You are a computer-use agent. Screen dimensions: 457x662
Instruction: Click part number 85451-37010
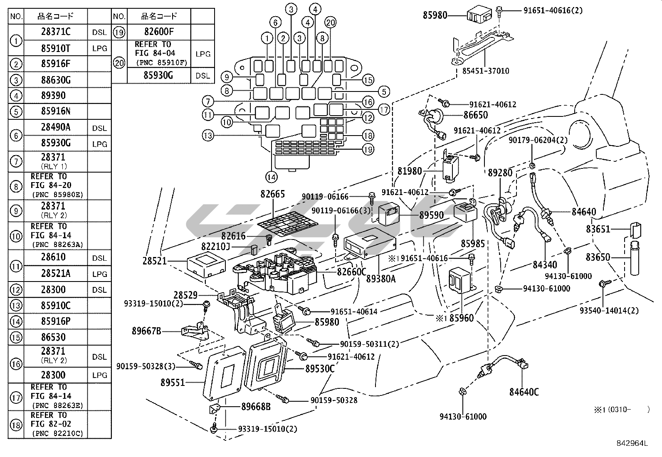point(485,71)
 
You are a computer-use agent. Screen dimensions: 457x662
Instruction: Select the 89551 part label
point(173,383)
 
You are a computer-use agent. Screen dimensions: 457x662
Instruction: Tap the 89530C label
point(320,368)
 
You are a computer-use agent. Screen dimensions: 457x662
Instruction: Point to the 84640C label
point(524,392)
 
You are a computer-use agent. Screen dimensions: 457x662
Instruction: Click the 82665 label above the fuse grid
point(273,194)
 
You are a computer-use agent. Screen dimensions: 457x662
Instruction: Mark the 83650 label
point(598,257)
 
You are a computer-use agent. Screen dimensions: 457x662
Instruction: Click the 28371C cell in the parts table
point(56,32)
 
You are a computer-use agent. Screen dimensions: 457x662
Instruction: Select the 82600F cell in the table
point(159,32)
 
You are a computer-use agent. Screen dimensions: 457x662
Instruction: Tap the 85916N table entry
point(56,111)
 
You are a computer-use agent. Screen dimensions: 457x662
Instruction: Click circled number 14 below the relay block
point(271,178)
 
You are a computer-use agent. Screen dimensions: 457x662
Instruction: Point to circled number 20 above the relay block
point(331,23)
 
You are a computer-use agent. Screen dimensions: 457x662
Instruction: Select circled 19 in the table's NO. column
point(119,32)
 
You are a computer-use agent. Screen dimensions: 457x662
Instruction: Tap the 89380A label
point(381,279)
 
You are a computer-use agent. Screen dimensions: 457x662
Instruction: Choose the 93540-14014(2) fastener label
point(609,310)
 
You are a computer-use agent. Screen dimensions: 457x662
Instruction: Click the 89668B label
point(256,407)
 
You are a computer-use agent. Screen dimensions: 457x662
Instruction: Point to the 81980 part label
point(410,171)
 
